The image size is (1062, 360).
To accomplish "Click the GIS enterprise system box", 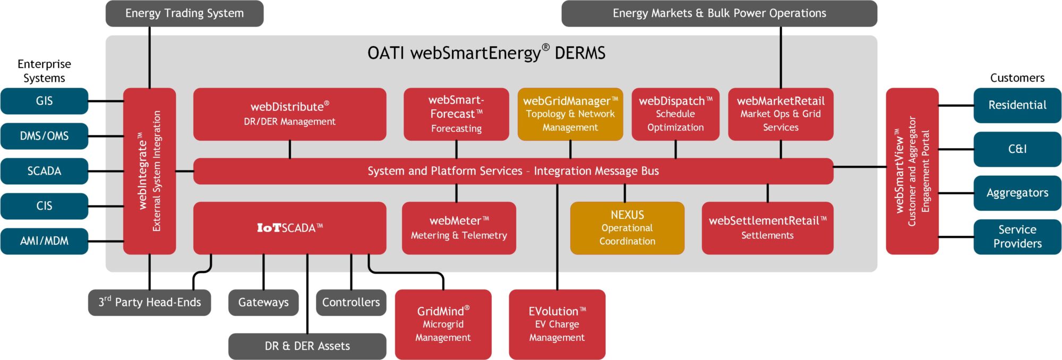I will click(44, 101).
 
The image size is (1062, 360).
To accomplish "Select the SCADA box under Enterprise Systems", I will click(44, 171).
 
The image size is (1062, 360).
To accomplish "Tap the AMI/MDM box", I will click(44, 241).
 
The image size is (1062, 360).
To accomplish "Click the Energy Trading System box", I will click(184, 13).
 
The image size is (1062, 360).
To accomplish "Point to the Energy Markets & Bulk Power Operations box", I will click(719, 13).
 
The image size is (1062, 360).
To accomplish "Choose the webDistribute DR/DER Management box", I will click(289, 114).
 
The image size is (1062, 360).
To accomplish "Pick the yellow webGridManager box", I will click(570, 114).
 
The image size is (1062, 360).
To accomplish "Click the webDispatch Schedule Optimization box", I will click(675, 114).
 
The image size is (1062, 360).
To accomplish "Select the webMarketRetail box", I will click(780, 114).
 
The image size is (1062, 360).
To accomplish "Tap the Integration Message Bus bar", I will click(513, 171).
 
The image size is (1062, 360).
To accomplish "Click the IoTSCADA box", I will click(289, 228).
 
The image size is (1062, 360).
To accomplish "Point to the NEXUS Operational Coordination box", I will click(627, 228).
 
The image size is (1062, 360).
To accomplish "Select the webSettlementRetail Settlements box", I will click(767, 228).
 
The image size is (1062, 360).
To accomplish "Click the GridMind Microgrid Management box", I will click(443, 324).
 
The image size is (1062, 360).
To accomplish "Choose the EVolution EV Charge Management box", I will click(556, 324).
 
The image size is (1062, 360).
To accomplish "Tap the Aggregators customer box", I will click(1017, 193).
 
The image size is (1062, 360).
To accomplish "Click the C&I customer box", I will click(1017, 149).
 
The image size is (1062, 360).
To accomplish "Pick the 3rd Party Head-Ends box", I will click(149, 302).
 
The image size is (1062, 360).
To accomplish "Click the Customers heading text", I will click(1017, 78).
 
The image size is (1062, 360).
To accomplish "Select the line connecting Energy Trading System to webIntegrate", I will click(150, 57).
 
